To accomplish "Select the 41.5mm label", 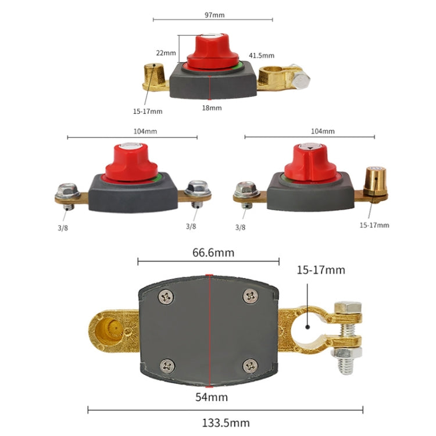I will [262, 56].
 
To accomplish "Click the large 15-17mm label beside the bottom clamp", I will [320, 270].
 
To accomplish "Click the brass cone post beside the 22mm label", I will [153, 76].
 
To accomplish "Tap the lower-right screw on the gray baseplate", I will [251, 366].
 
